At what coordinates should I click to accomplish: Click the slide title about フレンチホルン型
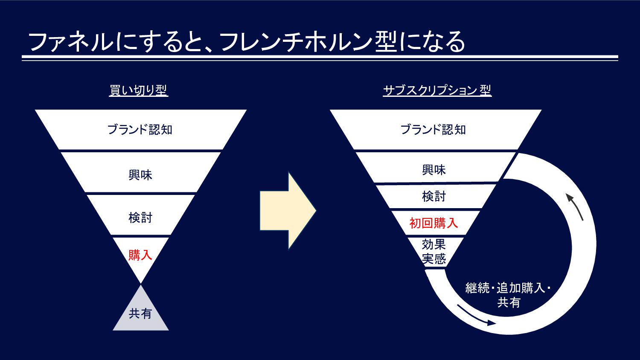[247, 42]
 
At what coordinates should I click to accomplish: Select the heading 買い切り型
[139, 90]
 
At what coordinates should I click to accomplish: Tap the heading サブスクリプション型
[437, 90]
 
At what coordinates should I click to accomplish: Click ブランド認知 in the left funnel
[140, 129]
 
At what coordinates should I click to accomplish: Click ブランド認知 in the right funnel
[433, 129]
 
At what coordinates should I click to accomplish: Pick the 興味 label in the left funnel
[140, 174]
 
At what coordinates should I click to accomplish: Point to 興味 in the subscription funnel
[434, 170]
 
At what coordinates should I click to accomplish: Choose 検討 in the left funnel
[140, 218]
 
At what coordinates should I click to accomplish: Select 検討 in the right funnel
[434, 196]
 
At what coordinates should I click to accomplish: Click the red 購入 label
[140, 255]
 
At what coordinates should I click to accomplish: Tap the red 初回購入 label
[434, 223]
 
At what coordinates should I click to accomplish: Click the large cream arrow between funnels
[288, 211]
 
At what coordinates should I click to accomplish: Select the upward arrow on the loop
[574, 206]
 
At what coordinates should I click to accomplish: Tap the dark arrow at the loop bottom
[476, 316]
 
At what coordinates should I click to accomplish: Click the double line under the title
[320, 58]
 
